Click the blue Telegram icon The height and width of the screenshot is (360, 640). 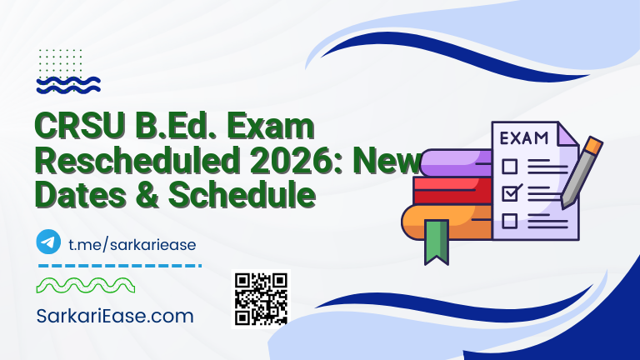point(48,242)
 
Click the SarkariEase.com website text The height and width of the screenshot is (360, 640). point(115,316)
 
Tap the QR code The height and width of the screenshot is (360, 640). point(260,297)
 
